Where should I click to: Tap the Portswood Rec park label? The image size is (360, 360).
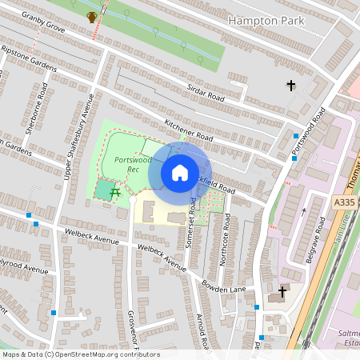pos(128,165)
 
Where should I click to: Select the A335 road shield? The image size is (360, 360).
pos(344,204)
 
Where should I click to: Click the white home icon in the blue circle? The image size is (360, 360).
pos(179,173)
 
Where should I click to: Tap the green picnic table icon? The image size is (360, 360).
pos(116,192)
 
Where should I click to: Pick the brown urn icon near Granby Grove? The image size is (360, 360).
pos(92,17)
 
